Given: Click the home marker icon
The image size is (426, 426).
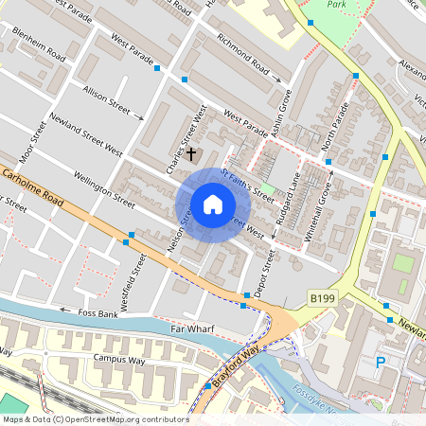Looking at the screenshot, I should pyautogui.click(x=212, y=204).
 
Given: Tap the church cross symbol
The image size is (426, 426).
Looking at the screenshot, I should pyautogui.click(x=191, y=152).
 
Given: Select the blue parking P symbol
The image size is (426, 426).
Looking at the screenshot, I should pyautogui.click(x=381, y=362).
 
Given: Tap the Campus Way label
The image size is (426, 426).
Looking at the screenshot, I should pyautogui.click(x=118, y=360).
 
